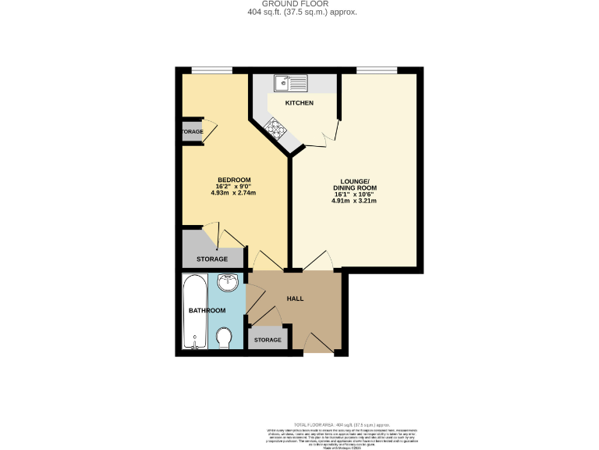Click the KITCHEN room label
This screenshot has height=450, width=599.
[x=299, y=103]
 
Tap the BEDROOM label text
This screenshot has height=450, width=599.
[x=234, y=180]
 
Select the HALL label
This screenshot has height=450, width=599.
[x=295, y=298]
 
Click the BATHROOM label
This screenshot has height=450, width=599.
[x=207, y=311]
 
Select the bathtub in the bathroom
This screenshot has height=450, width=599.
[x=193, y=312]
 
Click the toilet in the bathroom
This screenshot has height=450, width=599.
[x=224, y=338]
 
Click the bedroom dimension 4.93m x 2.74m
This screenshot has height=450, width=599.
[x=234, y=193]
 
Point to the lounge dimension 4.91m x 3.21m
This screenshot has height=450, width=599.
[x=354, y=201]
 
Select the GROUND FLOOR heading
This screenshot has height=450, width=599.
[x=299, y=4]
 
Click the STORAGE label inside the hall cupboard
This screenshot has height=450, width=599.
[x=268, y=340]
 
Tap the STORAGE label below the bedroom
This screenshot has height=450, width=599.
[x=212, y=259]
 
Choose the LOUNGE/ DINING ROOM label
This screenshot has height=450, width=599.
[x=355, y=185]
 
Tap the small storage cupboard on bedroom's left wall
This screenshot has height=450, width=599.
[x=191, y=131]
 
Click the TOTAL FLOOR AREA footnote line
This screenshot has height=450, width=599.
[x=340, y=421]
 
